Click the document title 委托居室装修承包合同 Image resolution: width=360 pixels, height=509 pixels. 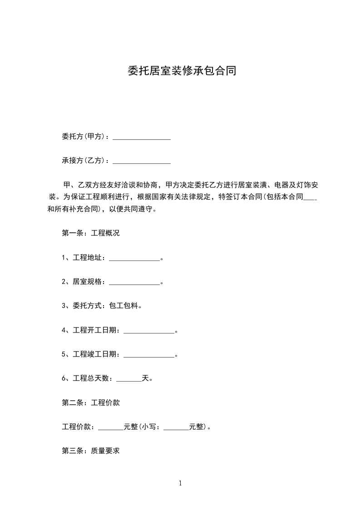[181, 71]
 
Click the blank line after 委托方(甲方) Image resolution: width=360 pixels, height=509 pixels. [141, 137]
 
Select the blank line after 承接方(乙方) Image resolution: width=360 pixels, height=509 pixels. [141, 161]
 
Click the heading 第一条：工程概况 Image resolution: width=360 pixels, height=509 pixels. [90, 234]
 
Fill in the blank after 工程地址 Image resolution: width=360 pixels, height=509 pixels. [134, 258]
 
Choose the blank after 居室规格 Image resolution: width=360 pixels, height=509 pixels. [134, 282]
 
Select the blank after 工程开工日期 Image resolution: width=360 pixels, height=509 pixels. [149, 330]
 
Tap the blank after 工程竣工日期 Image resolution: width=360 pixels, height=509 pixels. [149, 354]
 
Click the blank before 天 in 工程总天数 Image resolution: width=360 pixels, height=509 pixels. [129, 378]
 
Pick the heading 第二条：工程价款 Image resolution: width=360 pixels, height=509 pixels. [90, 402]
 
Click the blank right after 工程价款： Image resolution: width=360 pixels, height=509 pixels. [111, 427]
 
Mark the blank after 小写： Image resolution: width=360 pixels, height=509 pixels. [176, 427]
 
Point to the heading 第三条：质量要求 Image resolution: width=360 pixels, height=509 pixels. [90, 451]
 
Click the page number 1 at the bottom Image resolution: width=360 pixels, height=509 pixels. [180, 483]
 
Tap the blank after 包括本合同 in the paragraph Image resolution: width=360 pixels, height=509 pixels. [309, 198]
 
